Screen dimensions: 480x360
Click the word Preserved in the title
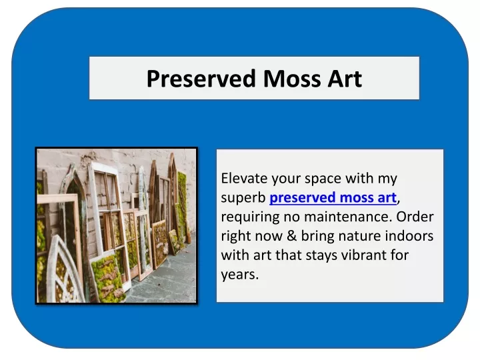(201, 79)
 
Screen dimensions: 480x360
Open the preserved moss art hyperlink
(333, 198)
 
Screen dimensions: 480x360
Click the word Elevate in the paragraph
(244, 178)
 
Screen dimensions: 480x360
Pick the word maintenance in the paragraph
(348, 217)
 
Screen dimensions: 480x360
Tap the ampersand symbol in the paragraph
(292, 236)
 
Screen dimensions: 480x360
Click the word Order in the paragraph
(415, 217)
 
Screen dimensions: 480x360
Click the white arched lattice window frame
(65, 270)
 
